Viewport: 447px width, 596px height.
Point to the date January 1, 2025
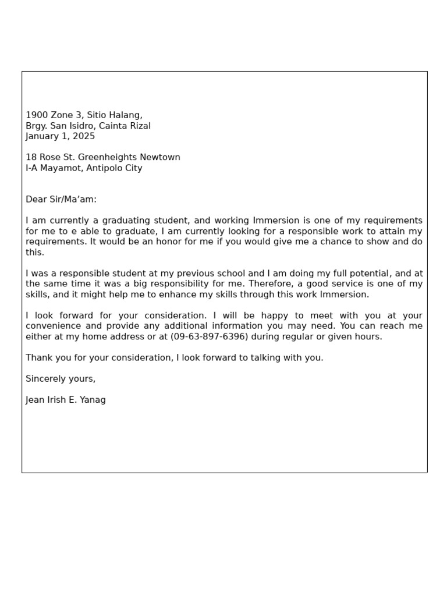point(60,136)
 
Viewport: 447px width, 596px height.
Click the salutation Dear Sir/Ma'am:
point(61,200)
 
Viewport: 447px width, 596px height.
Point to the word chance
point(338,242)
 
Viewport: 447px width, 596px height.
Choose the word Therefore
point(256,284)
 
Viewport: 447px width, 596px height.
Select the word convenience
point(55,326)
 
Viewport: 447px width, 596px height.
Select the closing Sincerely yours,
point(61,379)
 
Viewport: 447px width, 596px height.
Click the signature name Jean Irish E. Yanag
point(66,400)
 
